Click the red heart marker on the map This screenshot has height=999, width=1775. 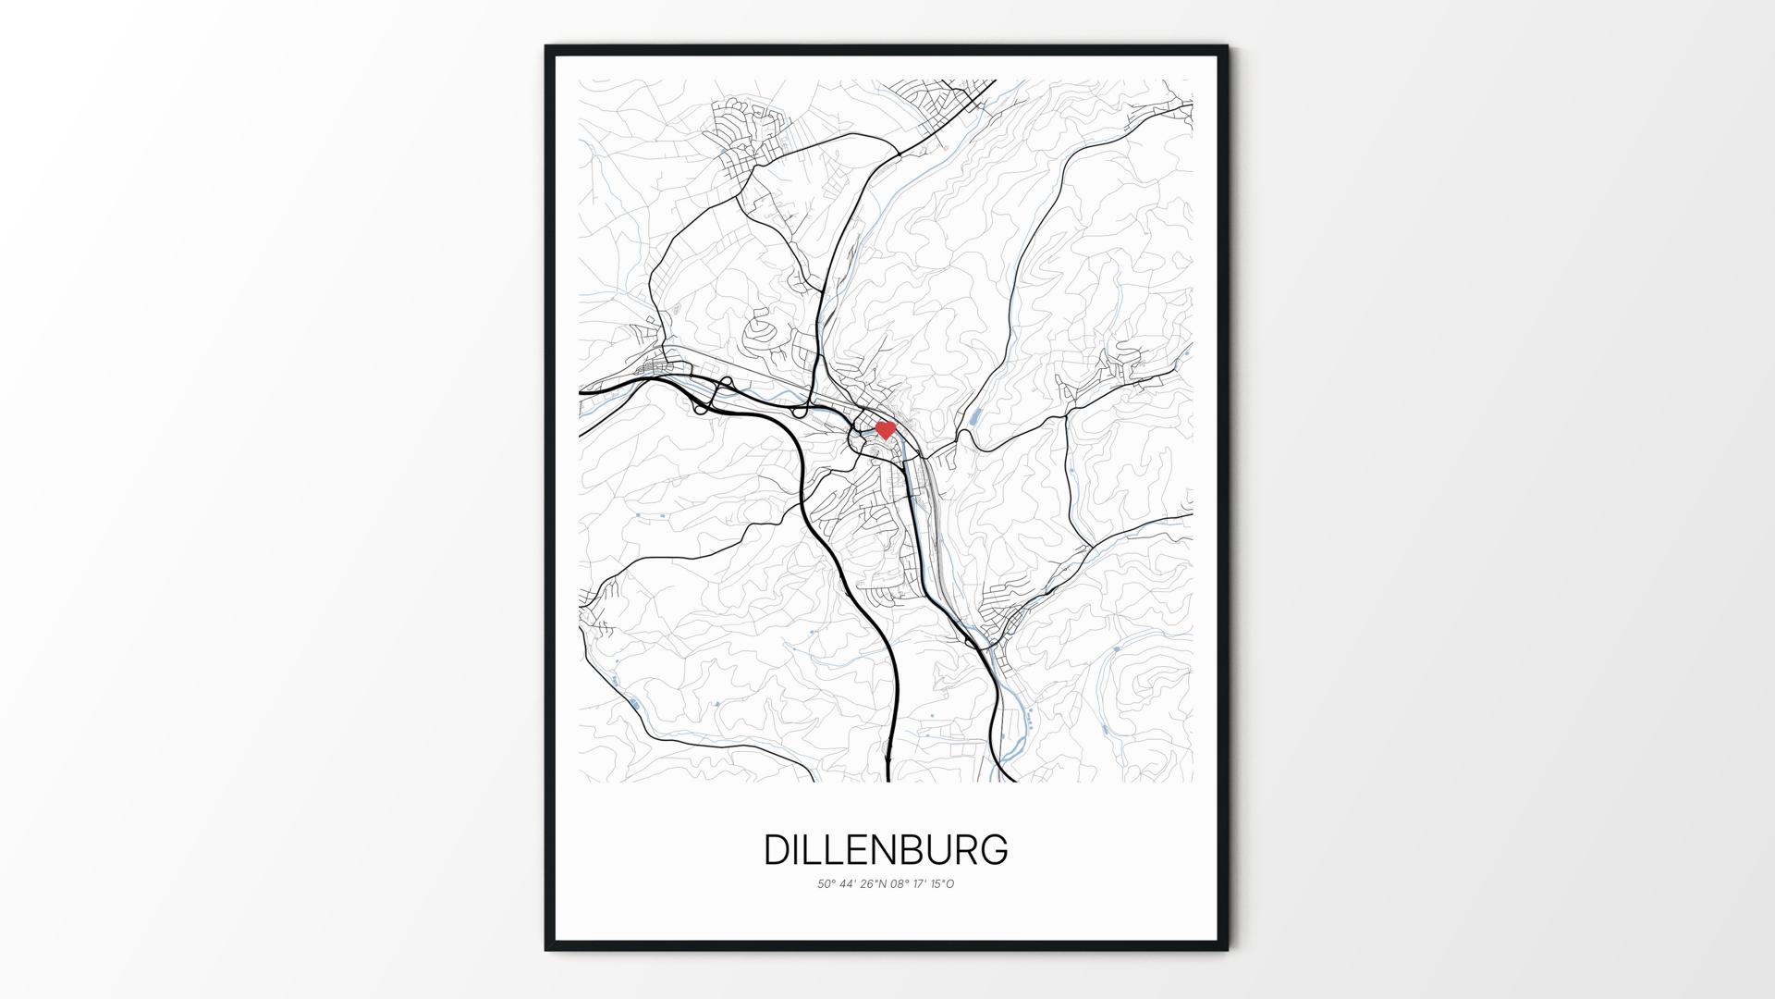point(886,429)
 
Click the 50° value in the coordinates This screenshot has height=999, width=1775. point(826,884)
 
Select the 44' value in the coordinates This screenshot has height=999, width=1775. point(849,884)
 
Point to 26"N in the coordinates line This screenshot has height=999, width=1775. point(874,884)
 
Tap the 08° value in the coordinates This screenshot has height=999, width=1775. point(900,884)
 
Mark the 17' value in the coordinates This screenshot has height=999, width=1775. point(922,884)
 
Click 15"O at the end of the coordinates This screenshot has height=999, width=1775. point(943,884)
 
